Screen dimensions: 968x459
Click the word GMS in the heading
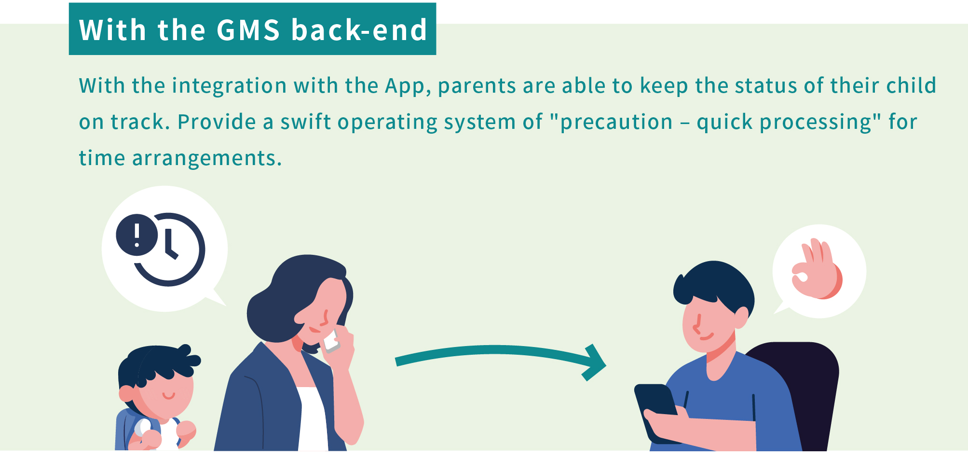point(248,30)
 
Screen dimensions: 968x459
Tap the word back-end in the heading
point(359,30)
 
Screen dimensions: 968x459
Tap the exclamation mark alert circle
point(137,235)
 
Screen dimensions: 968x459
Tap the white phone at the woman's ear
point(331,341)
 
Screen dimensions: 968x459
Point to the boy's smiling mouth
point(168,396)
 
